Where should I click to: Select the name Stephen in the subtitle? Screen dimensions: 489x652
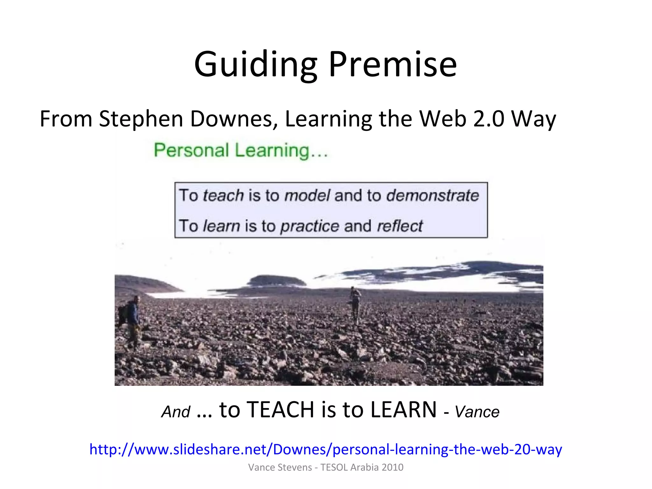coord(141,119)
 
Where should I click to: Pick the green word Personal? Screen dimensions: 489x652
coord(191,150)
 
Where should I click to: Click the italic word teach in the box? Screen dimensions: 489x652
coord(223,195)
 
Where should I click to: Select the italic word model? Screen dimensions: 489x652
coord(307,195)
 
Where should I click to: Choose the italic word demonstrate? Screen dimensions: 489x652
coord(432,195)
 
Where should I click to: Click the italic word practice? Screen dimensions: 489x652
coord(309,226)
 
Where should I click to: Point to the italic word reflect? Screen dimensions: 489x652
coord(400,226)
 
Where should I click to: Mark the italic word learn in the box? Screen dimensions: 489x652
coord(221,226)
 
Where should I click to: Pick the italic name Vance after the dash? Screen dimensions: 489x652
coord(477,412)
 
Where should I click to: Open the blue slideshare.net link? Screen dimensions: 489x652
coord(326,449)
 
